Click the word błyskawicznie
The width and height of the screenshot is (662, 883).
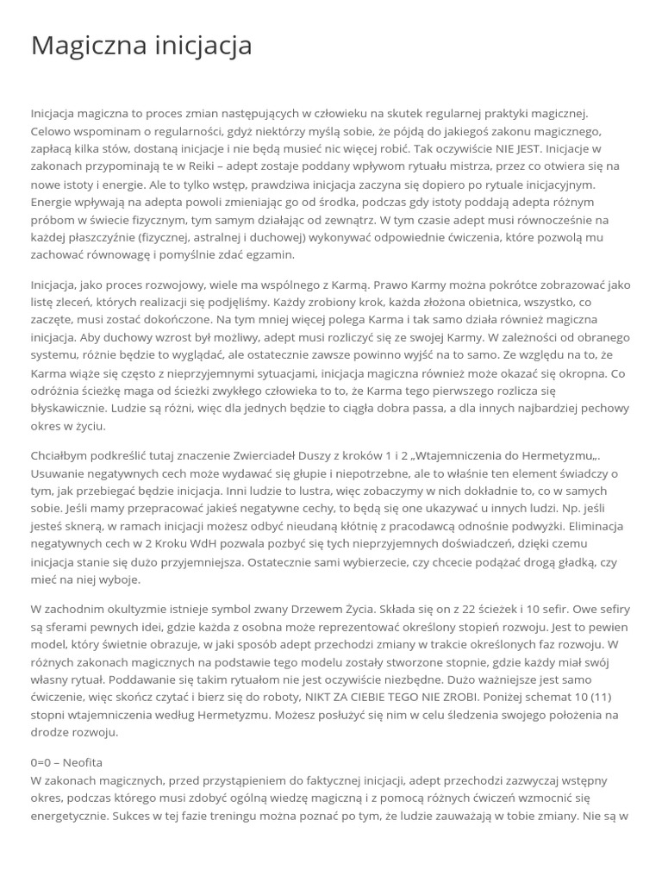[x=70, y=409]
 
